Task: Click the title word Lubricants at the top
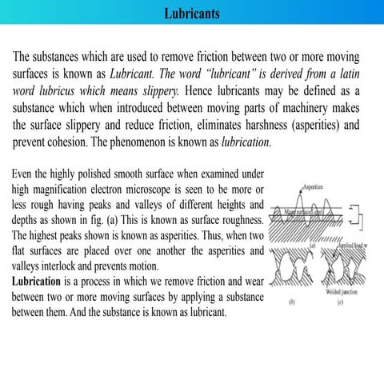click(192, 14)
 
